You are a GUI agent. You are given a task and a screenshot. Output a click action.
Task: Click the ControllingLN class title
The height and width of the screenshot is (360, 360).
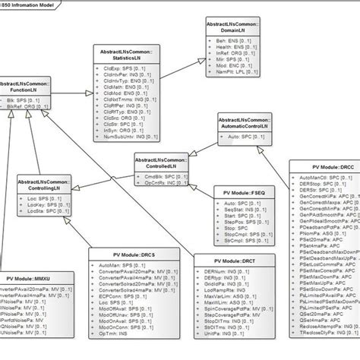point(44,186)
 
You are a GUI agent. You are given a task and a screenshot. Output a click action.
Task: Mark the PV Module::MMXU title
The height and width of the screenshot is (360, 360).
point(30,279)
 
